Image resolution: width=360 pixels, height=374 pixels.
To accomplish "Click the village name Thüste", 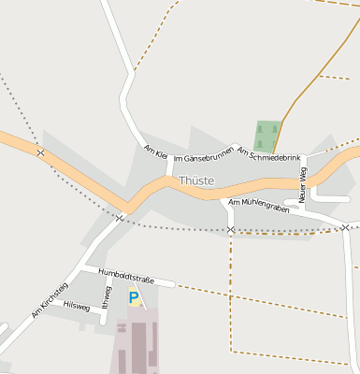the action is click(196, 180).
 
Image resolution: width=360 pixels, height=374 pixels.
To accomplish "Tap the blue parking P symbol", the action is click(134, 298).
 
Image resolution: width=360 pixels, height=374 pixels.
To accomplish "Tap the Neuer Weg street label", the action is click(302, 184).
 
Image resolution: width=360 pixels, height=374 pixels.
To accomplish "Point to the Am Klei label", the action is click(155, 151).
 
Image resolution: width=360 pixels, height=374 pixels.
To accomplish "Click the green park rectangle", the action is click(266, 137).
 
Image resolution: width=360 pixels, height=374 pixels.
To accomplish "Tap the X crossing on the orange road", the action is click(40, 151).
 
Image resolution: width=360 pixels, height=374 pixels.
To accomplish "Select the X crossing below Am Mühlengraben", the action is click(231, 229).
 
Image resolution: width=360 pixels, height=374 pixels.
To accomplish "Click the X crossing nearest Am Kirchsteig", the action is click(120, 217).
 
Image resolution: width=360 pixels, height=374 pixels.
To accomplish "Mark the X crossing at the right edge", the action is click(345, 227).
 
